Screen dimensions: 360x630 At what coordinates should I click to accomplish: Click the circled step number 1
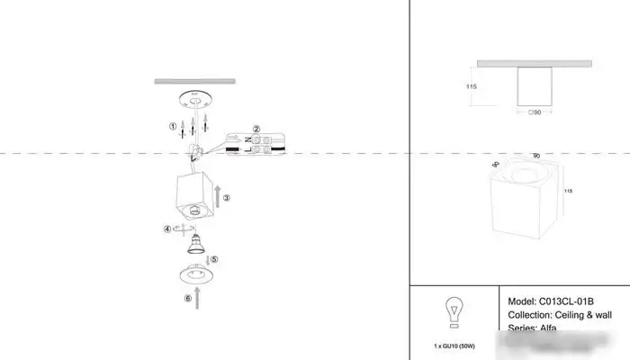pyautogui.click(x=173, y=126)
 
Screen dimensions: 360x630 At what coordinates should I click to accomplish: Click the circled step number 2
pyautogui.click(x=256, y=129)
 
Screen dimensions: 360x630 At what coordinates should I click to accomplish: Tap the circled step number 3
pyautogui.click(x=227, y=197)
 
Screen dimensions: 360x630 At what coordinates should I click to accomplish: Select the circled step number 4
pyautogui.click(x=167, y=229)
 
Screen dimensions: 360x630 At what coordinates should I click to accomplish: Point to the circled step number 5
pyautogui.click(x=214, y=259)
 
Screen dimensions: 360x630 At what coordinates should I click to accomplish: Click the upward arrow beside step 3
pyautogui.click(x=216, y=193)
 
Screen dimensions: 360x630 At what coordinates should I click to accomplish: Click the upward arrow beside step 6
pyautogui.click(x=198, y=297)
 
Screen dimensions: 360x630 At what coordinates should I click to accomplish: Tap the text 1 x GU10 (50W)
pyautogui.click(x=454, y=346)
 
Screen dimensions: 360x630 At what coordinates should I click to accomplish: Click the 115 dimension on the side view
pyautogui.click(x=471, y=86)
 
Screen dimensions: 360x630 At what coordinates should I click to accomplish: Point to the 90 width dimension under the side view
pyautogui.click(x=536, y=113)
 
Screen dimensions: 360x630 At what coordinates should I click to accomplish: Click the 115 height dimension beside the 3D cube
pyautogui.click(x=568, y=192)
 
